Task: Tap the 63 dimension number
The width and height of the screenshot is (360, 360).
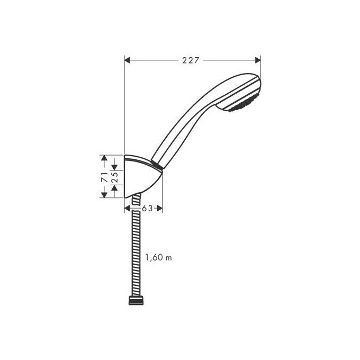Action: (147, 209)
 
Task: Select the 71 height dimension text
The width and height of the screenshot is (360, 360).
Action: (105, 176)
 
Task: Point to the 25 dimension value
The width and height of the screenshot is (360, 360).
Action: (114, 176)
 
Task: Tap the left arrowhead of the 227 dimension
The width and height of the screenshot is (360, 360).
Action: (128, 60)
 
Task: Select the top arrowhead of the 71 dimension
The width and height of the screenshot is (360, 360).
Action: (105, 158)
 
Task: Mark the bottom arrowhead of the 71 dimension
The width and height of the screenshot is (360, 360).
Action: (105, 194)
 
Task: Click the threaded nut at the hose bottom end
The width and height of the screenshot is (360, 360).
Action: (136, 301)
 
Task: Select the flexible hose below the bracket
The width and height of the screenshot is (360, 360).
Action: (137, 249)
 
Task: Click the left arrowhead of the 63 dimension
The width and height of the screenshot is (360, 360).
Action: (128, 209)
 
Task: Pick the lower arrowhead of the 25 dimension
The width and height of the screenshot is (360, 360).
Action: (114, 186)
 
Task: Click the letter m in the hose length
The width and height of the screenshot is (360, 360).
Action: (169, 258)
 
